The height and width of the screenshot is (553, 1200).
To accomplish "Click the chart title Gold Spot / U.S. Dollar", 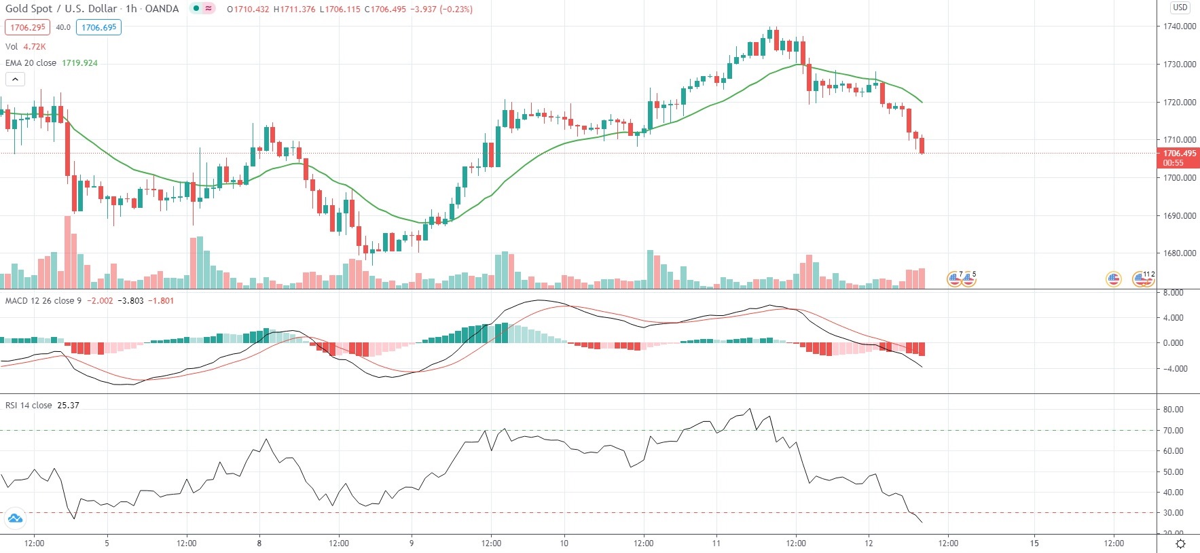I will (x=61, y=9).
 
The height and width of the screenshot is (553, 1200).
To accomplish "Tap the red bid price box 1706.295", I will (x=28, y=27).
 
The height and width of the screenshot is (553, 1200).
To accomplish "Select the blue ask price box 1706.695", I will (x=99, y=27).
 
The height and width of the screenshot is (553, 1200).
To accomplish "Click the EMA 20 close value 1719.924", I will (x=79, y=63).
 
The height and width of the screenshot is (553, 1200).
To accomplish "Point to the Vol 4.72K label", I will (x=26, y=47).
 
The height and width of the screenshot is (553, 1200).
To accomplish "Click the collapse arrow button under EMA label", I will (x=15, y=79).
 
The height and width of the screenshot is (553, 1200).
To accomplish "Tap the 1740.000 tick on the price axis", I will (x=1179, y=26).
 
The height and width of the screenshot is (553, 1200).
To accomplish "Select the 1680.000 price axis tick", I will (x=1179, y=253).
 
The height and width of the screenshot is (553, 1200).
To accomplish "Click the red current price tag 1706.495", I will (x=1179, y=158).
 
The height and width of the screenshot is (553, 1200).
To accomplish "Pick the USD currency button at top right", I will (x=1180, y=7).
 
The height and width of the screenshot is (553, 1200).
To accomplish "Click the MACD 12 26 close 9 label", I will (x=43, y=300).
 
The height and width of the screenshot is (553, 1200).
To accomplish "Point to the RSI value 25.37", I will (x=68, y=406).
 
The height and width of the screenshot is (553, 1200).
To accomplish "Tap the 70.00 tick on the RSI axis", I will (x=1173, y=430).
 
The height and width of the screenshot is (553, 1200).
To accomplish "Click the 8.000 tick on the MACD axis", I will (x=1173, y=293).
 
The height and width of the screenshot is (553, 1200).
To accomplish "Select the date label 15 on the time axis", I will (x=1034, y=543).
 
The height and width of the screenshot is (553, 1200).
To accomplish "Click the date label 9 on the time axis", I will (x=412, y=543).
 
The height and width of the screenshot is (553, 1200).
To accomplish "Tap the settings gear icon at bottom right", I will (x=1180, y=543).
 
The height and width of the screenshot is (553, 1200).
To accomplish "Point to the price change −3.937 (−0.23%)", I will (x=441, y=10).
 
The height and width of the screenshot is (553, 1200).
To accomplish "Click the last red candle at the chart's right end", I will (x=922, y=145).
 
